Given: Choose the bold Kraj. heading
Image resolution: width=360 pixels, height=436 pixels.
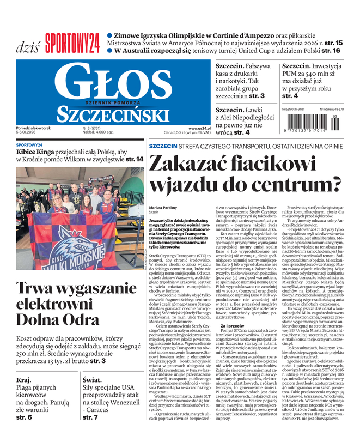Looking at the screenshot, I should (x=24, y=379).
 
